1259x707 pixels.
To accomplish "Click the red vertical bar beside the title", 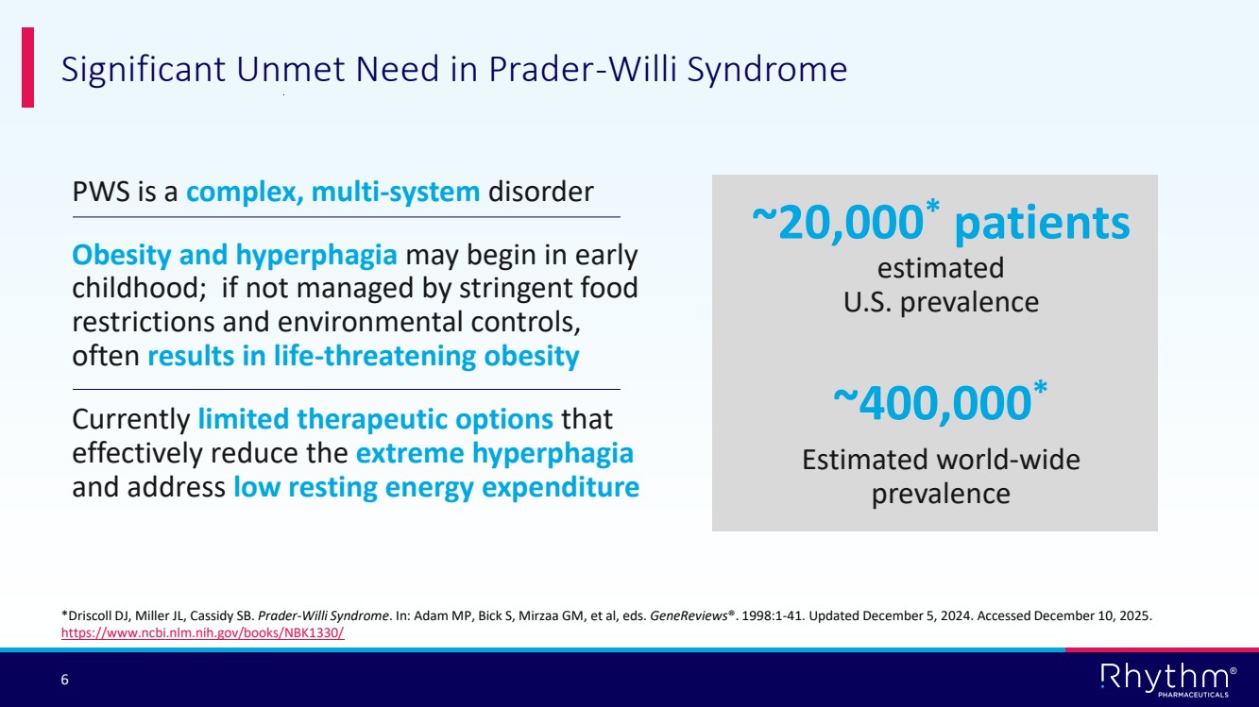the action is click(27, 67).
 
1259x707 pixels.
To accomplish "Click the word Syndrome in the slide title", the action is click(767, 71).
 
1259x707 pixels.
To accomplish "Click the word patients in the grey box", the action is click(1042, 225).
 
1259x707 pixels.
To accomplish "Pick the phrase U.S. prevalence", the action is click(941, 303).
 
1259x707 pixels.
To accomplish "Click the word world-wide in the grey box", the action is click(1009, 460).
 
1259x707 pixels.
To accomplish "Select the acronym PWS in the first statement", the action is click(101, 192).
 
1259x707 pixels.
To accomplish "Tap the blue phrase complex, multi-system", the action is click(332, 193).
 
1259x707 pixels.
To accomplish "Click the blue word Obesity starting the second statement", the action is click(122, 256).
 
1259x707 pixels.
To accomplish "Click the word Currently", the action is click(131, 420).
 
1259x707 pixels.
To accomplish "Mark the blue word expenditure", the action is click(560, 488).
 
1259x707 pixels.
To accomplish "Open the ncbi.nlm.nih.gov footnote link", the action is click(202, 632).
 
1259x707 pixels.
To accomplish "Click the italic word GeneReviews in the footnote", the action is click(689, 615).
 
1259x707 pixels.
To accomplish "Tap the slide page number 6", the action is click(64, 680).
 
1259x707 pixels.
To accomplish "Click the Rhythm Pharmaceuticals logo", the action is click(1168, 680).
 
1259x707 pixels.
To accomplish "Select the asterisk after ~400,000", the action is click(1040, 387).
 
